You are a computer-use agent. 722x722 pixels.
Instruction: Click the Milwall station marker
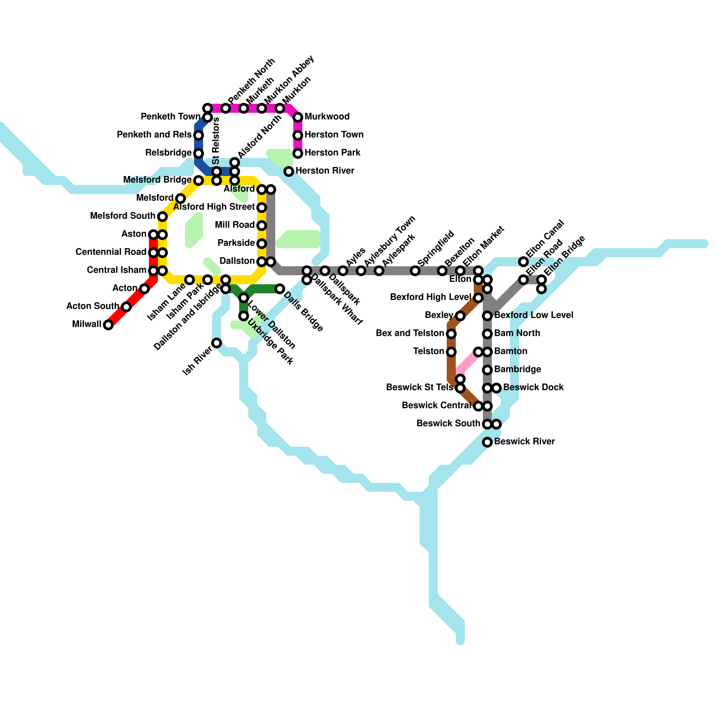(x=108, y=325)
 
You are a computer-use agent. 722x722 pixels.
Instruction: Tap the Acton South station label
(x=93, y=306)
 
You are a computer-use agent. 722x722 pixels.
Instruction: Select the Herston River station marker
(x=289, y=171)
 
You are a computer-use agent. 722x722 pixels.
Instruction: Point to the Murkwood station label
(x=327, y=117)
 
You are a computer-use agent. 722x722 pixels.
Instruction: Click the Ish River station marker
(x=217, y=343)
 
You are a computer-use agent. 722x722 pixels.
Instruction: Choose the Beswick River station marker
(x=487, y=442)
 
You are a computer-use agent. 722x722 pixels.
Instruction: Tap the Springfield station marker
(x=415, y=271)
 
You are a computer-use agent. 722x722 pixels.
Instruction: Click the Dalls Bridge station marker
(x=280, y=289)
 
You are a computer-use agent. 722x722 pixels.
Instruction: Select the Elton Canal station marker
(x=523, y=262)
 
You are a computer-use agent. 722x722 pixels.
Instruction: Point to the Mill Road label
(x=235, y=225)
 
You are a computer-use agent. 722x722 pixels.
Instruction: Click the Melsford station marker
(x=180, y=199)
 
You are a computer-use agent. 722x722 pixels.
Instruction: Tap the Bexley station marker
(x=460, y=316)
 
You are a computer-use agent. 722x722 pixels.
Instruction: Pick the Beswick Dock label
(x=533, y=388)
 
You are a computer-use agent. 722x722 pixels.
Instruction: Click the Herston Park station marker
(x=298, y=153)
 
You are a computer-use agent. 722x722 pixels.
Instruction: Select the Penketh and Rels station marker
(x=199, y=135)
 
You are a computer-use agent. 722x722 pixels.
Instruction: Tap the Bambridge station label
(x=517, y=370)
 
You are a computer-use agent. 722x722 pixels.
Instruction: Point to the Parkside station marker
(x=262, y=244)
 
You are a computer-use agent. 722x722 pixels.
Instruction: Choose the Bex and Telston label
(x=410, y=333)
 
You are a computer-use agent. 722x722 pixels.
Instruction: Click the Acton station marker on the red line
(x=144, y=289)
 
